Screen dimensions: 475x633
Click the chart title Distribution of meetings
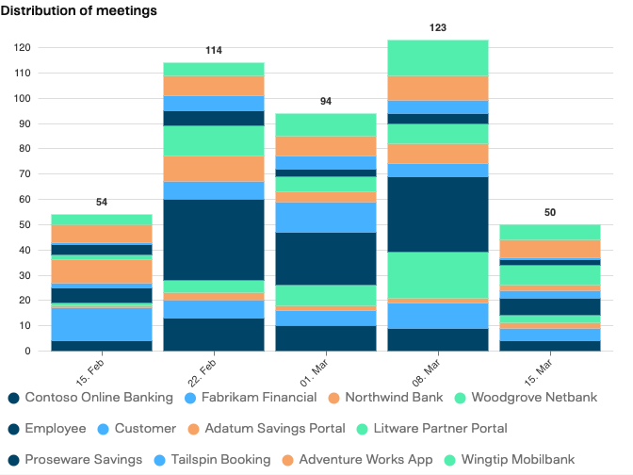tap(79, 10)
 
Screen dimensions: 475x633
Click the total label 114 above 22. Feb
tap(214, 50)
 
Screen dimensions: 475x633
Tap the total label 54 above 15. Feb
tap(102, 203)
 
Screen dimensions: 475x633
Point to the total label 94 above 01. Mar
tap(326, 101)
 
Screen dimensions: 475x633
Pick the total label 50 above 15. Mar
tap(550, 213)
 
